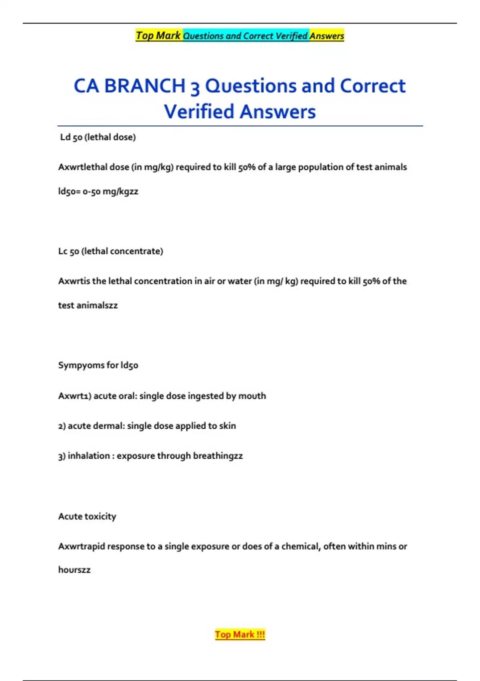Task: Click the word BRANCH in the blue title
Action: (x=145, y=86)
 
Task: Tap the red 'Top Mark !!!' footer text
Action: (x=240, y=635)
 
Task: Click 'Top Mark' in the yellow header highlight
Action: (x=158, y=36)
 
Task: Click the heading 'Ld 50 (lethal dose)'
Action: (x=98, y=137)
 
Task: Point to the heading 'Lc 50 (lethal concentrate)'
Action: (x=111, y=251)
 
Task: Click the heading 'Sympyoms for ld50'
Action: (x=98, y=365)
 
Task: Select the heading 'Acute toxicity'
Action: (x=87, y=516)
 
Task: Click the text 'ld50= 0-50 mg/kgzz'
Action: (x=98, y=191)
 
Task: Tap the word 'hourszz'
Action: (x=74, y=570)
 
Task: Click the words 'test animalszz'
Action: (x=88, y=305)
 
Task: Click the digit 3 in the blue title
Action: (x=195, y=87)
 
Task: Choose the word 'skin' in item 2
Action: (x=227, y=426)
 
